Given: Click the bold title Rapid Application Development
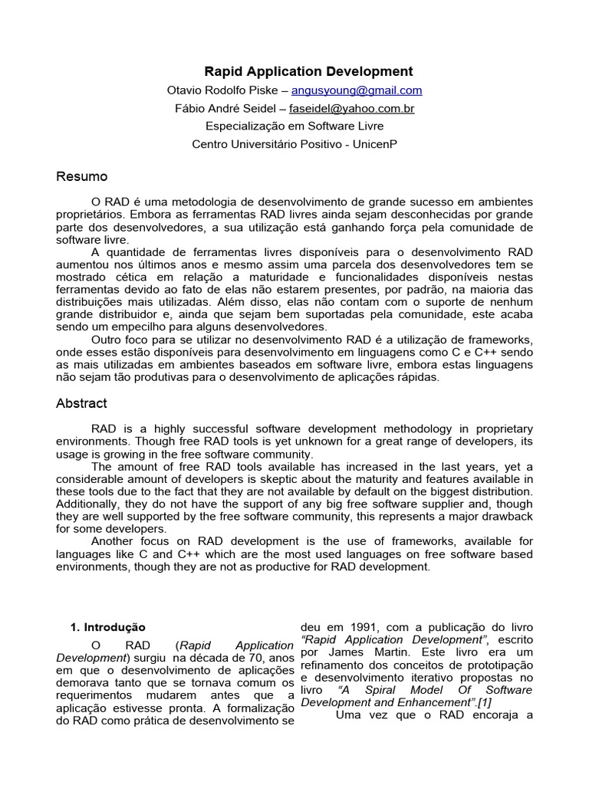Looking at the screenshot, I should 308,71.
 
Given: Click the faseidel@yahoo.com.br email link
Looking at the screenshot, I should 357,109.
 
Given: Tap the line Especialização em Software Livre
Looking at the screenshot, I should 294,126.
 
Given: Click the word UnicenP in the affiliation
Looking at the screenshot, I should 375,144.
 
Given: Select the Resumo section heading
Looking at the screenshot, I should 82,177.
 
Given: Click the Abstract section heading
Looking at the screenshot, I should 81,403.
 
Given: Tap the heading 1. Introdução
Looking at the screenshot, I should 107,627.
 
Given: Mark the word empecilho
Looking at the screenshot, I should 123,327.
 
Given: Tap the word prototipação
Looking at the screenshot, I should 500,665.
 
